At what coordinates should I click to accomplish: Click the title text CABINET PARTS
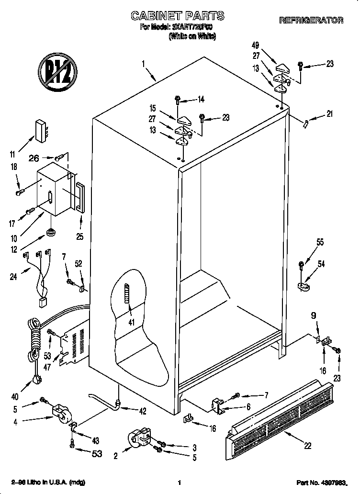click(x=178, y=16)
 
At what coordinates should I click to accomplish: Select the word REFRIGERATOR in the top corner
click(x=311, y=21)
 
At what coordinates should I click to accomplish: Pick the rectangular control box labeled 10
click(x=54, y=188)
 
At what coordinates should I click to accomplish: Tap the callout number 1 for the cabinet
click(x=143, y=63)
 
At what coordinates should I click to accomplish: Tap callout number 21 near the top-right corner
click(x=328, y=114)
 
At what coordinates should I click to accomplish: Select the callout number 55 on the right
click(x=319, y=243)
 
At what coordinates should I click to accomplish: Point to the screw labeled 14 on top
click(x=178, y=100)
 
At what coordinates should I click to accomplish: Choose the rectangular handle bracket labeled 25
click(x=80, y=197)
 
